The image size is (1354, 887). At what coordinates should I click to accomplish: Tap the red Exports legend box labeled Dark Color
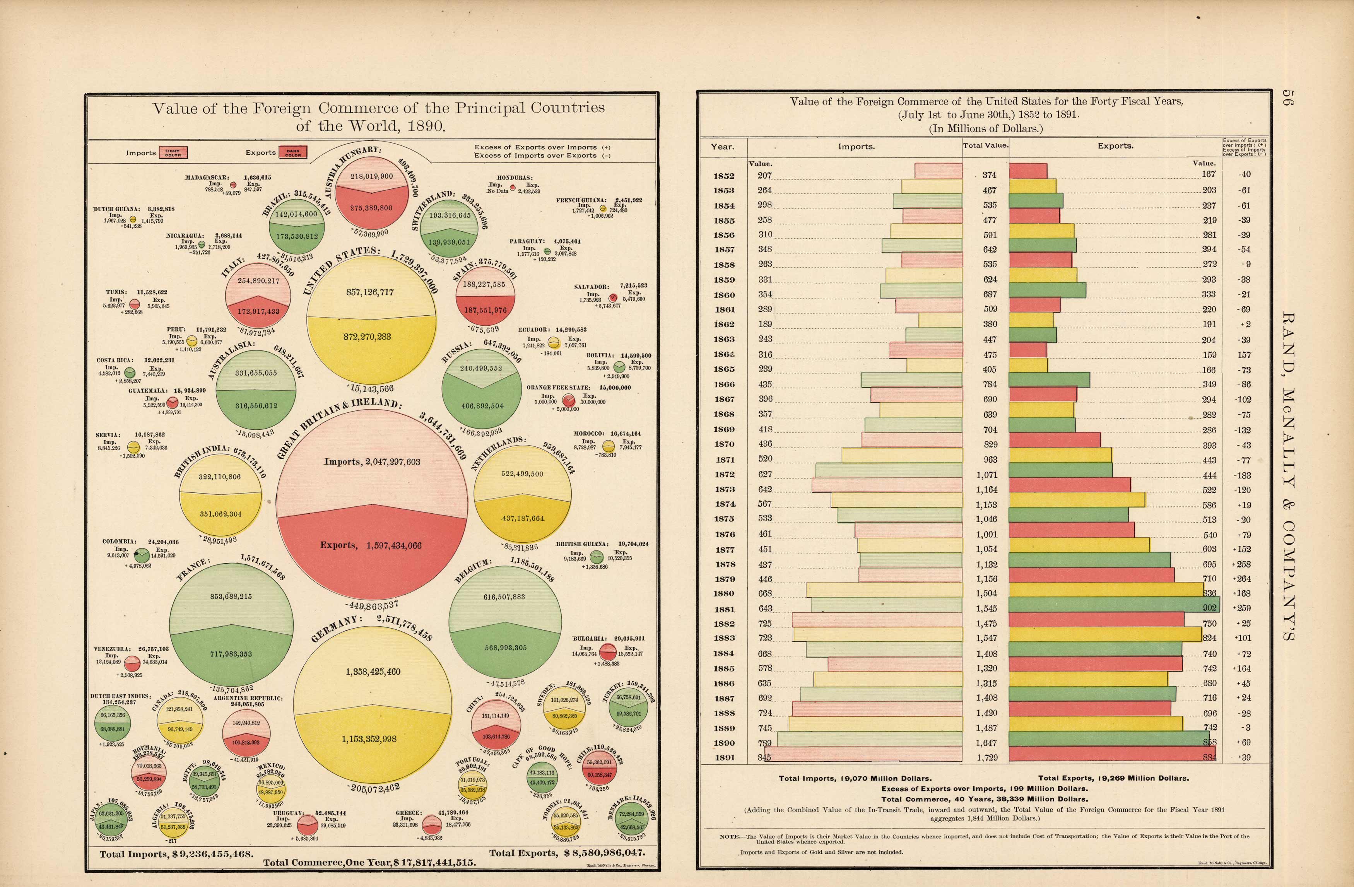293,152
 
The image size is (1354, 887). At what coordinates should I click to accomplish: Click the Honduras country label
514,178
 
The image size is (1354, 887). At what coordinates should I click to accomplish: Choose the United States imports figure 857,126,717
370,292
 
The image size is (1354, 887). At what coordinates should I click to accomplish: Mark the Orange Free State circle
568,400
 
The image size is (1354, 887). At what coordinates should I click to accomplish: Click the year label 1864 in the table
724,354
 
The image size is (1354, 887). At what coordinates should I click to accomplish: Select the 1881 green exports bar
1113,608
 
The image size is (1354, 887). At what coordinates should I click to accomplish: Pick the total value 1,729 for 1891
986,757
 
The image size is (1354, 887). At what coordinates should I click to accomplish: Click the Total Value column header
985,146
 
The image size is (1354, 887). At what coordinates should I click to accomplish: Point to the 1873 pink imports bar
887,485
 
